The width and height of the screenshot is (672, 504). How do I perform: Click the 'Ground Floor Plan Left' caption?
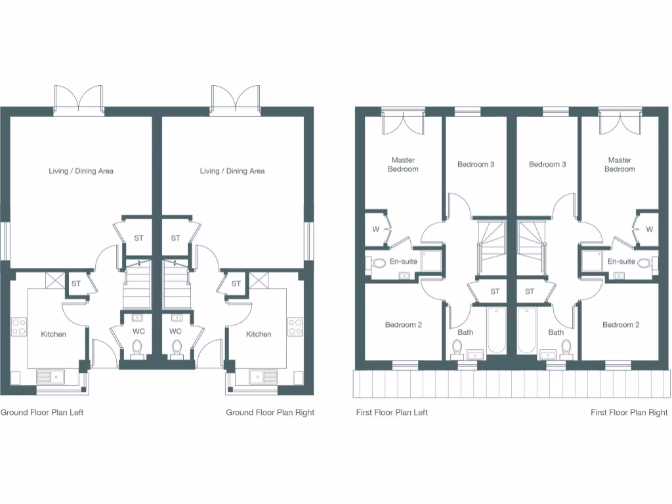point(42,413)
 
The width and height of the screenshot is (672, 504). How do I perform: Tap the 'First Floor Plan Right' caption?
point(629,413)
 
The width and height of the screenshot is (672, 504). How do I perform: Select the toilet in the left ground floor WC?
point(138,348)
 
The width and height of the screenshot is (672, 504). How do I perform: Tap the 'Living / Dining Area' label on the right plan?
point(232,171)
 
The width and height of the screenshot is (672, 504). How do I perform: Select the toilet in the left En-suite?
point(378,264)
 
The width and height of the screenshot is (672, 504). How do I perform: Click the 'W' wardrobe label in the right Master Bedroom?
point(649,229)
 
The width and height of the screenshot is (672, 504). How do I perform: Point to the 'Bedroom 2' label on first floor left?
point(403,325)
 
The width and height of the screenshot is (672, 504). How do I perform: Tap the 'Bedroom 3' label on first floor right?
point(547,164)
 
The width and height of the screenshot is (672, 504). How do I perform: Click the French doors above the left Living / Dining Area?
point(79,98)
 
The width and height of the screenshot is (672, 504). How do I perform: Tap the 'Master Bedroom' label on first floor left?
point(403,165)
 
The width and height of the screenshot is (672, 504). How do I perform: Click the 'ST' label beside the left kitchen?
point(76,283)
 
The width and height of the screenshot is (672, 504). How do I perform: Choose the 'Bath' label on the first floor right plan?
point(556,332)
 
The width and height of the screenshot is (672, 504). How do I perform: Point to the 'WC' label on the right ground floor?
point(175,331)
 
